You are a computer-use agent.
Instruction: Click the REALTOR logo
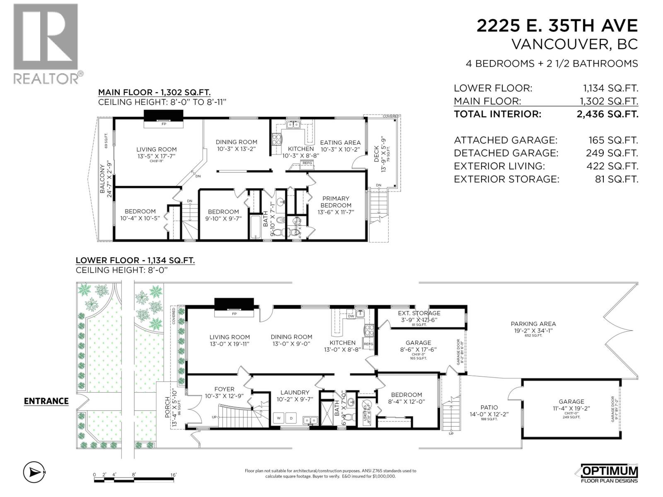46,43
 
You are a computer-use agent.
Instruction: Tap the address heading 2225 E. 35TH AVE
557,26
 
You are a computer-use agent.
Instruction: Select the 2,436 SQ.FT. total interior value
607,114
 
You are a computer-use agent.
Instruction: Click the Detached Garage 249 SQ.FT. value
612,153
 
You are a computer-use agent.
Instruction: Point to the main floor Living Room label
157,150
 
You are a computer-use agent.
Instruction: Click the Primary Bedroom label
336,202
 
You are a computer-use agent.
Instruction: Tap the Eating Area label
340,142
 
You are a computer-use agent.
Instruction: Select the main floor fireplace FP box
163,123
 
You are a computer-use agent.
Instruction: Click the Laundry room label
295,392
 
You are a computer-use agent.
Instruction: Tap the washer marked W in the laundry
279,418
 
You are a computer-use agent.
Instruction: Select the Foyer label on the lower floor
224,389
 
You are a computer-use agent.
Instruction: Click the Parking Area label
533,324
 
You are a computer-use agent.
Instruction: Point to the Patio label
489,408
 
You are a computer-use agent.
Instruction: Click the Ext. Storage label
419,313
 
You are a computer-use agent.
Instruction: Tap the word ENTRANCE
46,401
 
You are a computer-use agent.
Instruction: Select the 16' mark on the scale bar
173,475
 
